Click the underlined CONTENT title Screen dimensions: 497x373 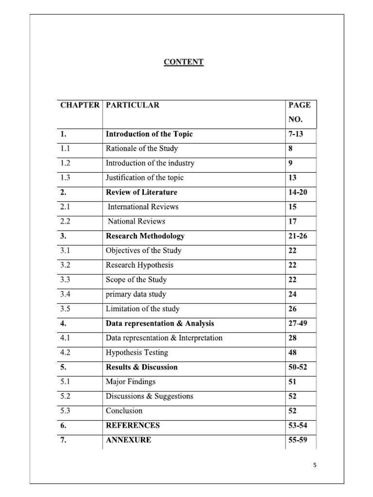click(x=184, y=62)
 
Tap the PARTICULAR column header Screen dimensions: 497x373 click(x=133, y=105)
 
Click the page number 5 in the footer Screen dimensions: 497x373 click(x=315, y=465)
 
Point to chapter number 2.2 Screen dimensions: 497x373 click(x=66, y=221)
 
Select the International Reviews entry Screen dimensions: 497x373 click(x=143, y=207)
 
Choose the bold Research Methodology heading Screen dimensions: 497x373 click(x=145, y=236)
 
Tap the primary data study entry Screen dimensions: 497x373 click(x=136, y=294)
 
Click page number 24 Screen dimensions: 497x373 click(x=292, y=294)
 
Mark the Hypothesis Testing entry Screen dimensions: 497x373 click(x=136, y=352)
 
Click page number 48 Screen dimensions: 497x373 click(x=292, y=352)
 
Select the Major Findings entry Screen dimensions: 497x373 click(x=131, y=381)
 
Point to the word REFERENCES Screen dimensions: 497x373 click(x=133, y=425)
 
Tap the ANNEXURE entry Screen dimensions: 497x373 click(x=128, y=440)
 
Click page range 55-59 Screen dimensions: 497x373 click(x=298, y=440)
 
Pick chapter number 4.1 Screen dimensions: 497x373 click(x=66, y=338)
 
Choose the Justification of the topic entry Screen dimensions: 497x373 click(x=145, y=178)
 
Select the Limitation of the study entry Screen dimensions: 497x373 click(x=142, y=309)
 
